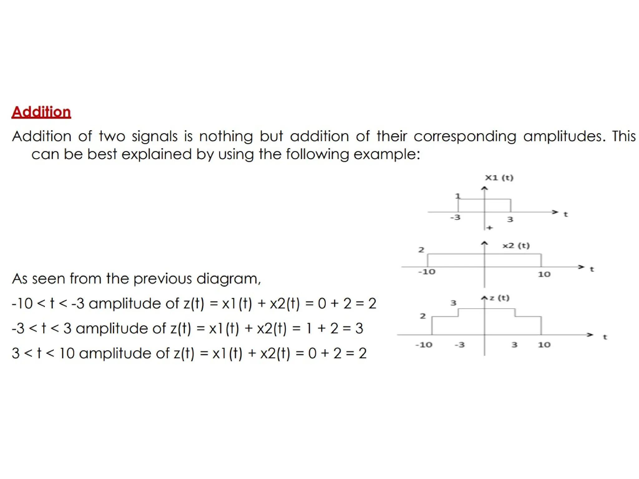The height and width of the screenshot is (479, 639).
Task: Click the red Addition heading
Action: (x=41, y=112)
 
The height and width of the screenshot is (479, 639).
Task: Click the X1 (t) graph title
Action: (x=499, y=178)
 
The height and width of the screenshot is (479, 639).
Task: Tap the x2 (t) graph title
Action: (x=516, y=245)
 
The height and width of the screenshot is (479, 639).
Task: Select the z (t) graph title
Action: (x=499, y=298)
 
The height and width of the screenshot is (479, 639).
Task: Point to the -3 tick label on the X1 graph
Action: (x=455, y=217)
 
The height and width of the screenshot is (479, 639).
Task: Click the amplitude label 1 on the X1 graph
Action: (x=457, y=196)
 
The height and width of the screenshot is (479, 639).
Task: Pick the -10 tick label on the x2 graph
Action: (x=427, y=272)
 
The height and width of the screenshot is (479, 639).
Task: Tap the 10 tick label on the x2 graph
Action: (x=544, y=274)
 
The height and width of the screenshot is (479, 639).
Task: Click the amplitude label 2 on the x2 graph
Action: (x=421, y=249)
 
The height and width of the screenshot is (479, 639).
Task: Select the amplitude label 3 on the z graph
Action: (x=453, y=302)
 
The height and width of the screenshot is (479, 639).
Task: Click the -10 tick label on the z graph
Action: (x=424, y=345)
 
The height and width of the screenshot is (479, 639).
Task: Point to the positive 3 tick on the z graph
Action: (x=515, y=345)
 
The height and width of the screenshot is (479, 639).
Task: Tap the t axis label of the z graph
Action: (x=605, y=337)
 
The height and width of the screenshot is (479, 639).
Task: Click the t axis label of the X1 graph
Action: (x=565, y=214)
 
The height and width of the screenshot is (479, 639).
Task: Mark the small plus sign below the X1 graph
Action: (x=490, y=228)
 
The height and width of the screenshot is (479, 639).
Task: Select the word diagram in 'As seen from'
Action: (x=228, y=279)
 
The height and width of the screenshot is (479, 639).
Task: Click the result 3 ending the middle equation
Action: (x=359, y=328)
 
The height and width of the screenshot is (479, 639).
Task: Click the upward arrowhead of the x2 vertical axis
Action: (x=484, y=243)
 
